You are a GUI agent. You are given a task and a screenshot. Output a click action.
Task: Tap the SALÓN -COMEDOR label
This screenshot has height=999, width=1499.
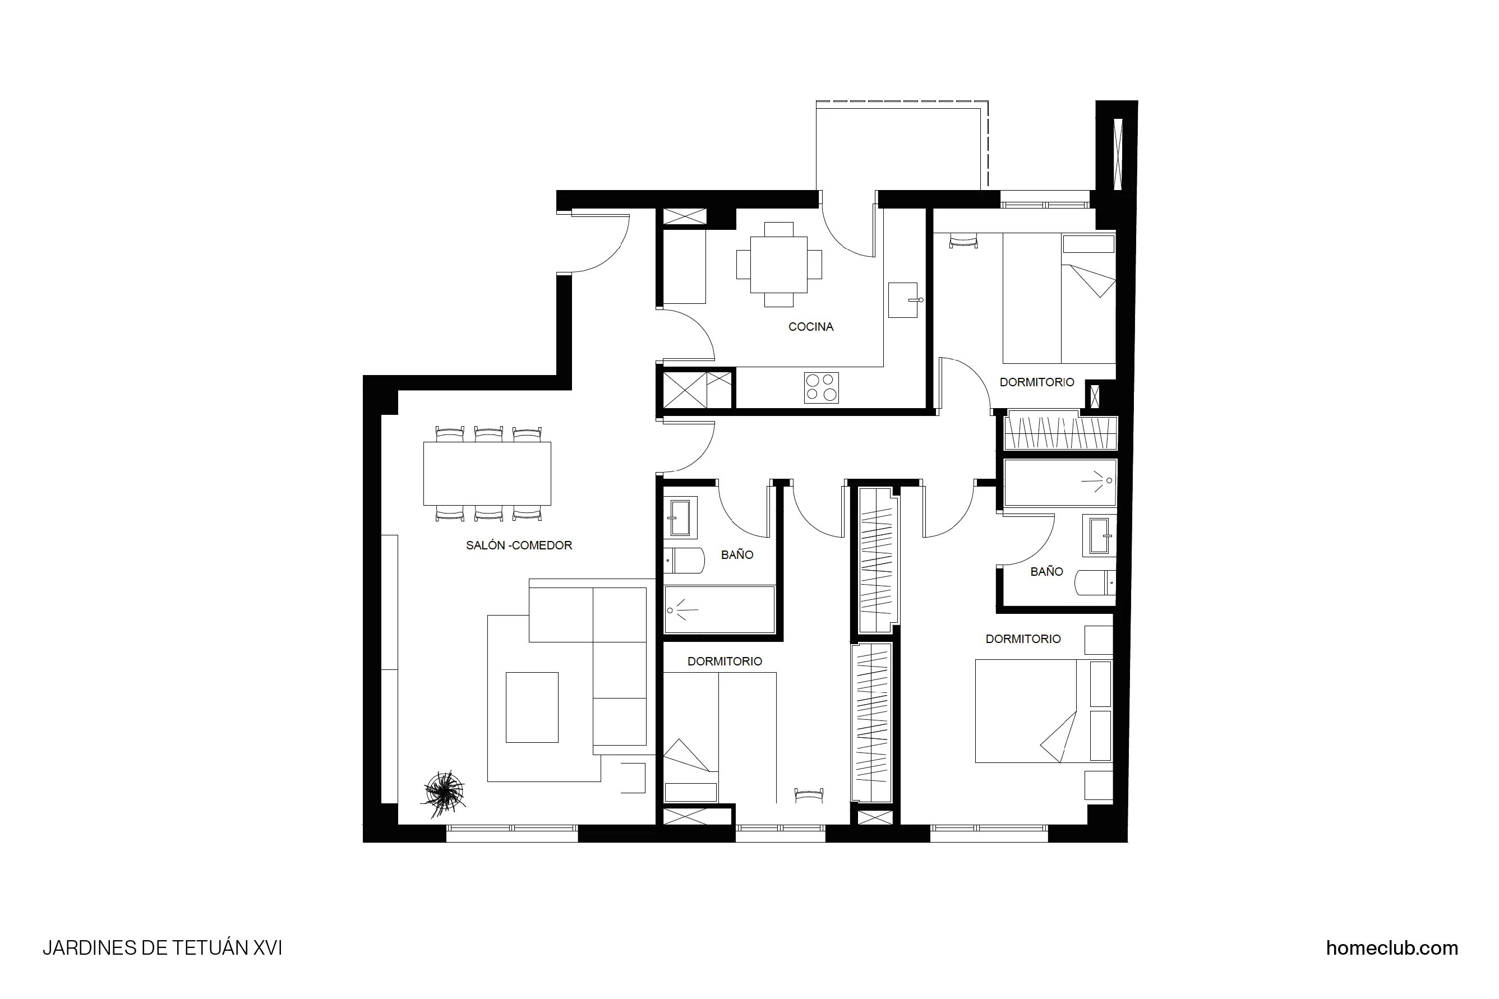519,545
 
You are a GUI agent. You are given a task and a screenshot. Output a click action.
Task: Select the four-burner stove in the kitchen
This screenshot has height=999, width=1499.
821,387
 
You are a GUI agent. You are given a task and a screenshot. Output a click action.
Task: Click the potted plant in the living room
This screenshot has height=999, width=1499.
444,792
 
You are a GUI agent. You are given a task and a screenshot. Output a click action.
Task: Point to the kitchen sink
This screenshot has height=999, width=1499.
902,300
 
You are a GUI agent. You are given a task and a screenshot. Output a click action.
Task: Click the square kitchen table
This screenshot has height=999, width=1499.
778,265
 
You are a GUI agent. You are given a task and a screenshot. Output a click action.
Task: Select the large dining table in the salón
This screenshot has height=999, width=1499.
487,473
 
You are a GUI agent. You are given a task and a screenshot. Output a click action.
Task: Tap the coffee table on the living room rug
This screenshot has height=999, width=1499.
532,707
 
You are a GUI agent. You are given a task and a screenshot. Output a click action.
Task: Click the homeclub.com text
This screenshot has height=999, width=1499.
1391,948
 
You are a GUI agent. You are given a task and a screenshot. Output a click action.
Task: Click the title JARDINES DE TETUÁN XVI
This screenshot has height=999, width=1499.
162,948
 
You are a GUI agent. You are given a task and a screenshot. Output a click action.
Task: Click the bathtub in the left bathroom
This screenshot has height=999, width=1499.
719,610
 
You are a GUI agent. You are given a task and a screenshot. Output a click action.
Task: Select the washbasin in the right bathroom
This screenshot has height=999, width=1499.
1099,536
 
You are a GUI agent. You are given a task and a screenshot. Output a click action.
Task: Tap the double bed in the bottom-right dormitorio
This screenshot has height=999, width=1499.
1026,711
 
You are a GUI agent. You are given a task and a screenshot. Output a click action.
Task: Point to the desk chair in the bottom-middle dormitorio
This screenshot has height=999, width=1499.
809,794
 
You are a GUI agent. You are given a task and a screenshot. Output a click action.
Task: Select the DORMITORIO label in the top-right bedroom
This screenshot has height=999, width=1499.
1036,382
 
